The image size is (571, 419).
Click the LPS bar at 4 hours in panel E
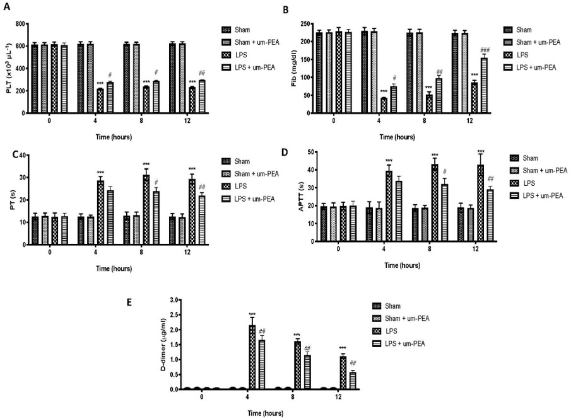(x=252, y=357)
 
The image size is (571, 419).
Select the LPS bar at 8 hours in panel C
(x=146, y=210)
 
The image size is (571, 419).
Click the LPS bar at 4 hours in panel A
(x=100, y=101)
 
